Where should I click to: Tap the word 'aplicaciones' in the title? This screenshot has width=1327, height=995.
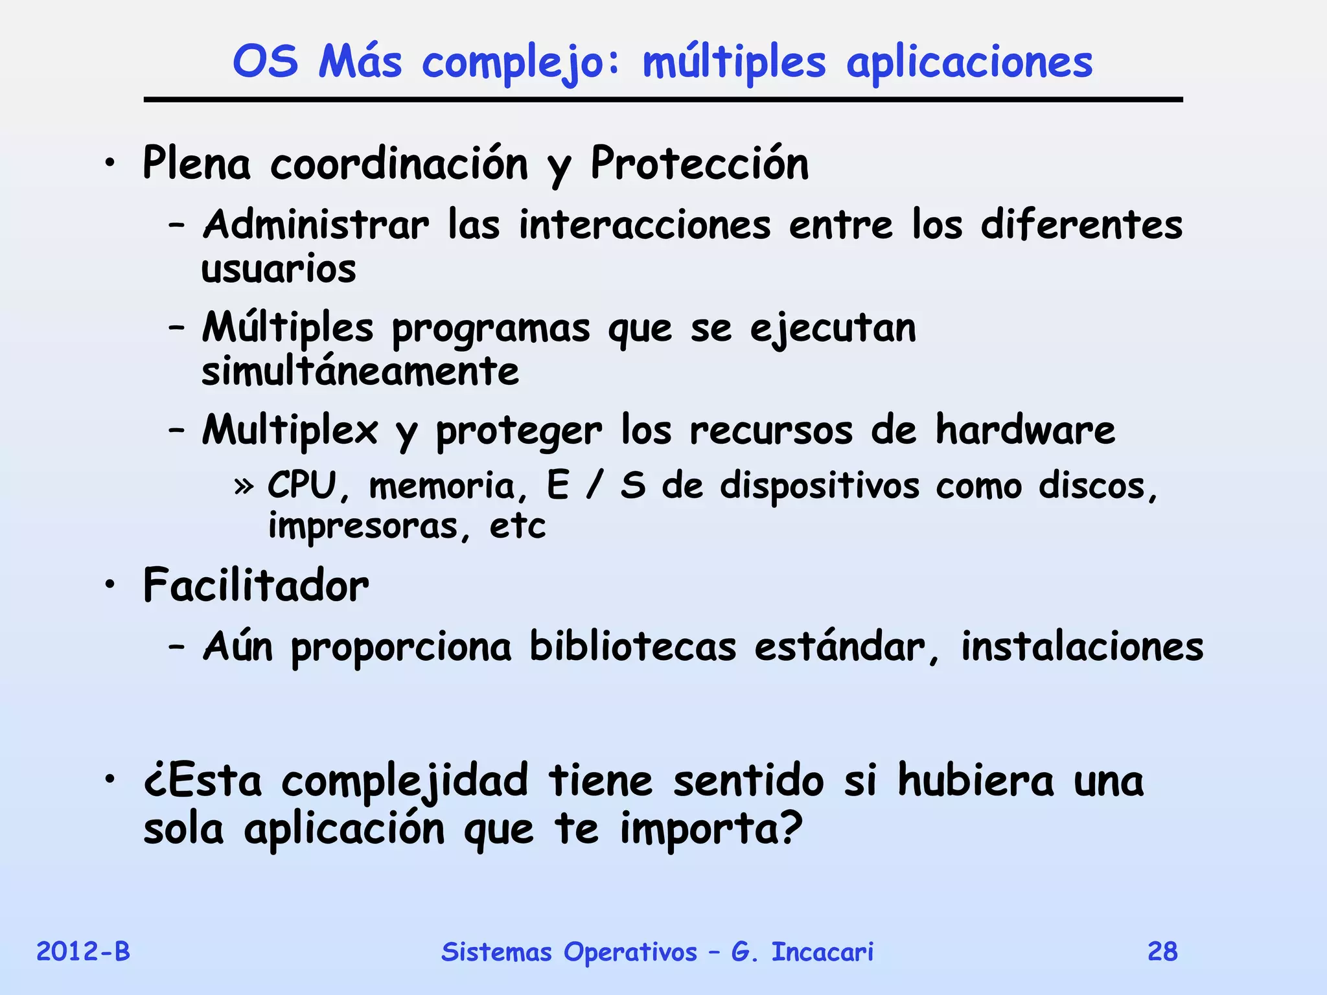pyautogui.click(x=969, y=63)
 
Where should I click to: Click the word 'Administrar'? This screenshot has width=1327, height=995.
pyautogui.click(x=316, y=225)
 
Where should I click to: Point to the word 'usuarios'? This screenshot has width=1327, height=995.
pyautogui.click(x=279, y=269)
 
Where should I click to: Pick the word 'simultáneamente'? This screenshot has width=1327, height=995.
pyautogui.click(x=360, y=371)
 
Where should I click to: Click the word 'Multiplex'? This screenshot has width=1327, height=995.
pyautogui.click(x=290, y=430)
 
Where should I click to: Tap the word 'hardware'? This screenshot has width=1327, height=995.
pyautogui.click(x=1025, y=430)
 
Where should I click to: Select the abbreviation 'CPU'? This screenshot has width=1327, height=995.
pyautogui.click(x=302, y=485)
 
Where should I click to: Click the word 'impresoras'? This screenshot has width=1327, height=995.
pyautogui.click(x=363, y=525)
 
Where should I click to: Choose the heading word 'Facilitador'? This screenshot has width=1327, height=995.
pyautogui.click(x=256, y=586)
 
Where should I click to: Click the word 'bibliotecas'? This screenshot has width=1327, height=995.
pyautogui.click(x=632, y=646)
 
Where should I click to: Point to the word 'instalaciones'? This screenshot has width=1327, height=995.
pyautogui.click(x=1082, y=646)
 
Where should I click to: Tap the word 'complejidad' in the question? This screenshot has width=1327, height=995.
pyautogui.click(x=405, y=781)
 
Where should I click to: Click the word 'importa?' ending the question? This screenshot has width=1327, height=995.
pyautogui.click(x=711, y=829)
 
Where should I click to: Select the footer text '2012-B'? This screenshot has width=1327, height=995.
pyautogui.click(x=83, y=952)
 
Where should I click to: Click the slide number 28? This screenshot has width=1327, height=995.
pyautogui.click(x=1162, y=952)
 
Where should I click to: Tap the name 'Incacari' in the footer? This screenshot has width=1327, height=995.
pyautogui.click(x=822, y=952)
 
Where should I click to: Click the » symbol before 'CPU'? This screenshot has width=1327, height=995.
pyautogui.click(x=244, y=486)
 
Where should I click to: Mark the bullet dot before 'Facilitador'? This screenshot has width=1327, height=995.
pyautogui.click(x=111, y=584)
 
